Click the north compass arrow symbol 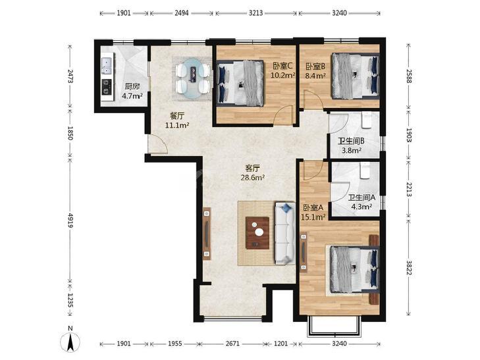(x=70, y=341)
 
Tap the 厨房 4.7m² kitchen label (x=132, y=91)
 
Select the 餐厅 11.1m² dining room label (x=177, y=120)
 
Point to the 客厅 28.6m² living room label (x=253, y=173)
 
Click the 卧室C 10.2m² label (x=283, y=70)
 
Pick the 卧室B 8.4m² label (x=315, y=70)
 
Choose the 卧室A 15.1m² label (x=313, y=213)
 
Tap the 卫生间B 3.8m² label (x=351, y=145)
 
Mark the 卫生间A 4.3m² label (x=361, y=202)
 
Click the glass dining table (x=192, y=78)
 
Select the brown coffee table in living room (x=257, y=233)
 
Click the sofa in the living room (x=285, y=233)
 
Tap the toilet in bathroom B (x=366, y=120)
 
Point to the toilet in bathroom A (x=365, y=170)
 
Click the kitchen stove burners (x=107, y=86)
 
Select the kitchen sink (x=107, y=65)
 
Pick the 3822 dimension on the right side (x=408, y=267)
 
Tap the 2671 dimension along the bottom (x=232, y=344)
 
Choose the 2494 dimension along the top (x=182, y=13)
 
